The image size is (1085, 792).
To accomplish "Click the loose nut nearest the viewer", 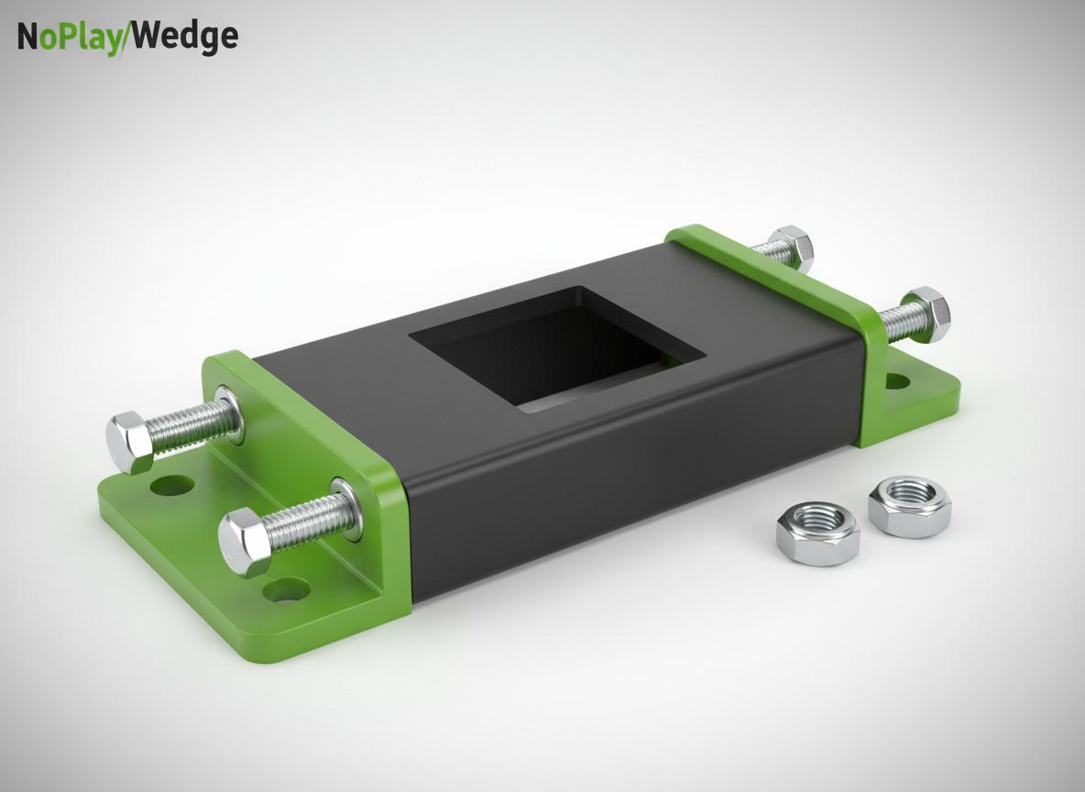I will [817, 533].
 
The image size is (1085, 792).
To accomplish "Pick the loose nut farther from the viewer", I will [909, 506].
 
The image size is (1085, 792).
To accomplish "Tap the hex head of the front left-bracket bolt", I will [244, 542].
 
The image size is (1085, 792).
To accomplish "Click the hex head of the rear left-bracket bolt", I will [130, 441].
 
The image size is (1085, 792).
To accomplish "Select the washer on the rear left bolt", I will [229, 414].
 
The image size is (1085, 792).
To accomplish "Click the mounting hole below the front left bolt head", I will [284, 590].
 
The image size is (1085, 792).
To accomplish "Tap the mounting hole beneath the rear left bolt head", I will [168, 483].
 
